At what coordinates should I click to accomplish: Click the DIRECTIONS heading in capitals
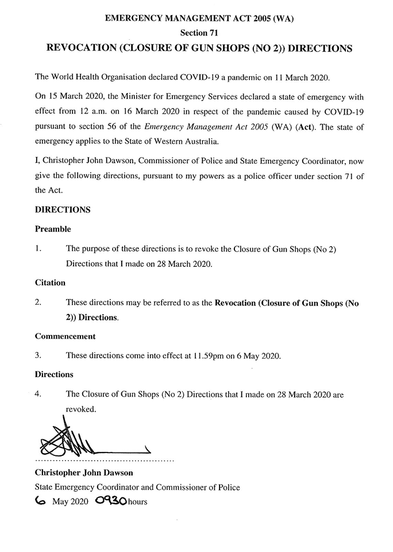pyautogui.click(x=63, y=210)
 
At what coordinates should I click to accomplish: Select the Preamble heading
pyautogui.click(x=53, y=229)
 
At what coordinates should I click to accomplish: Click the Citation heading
pyautogui.click(x=50, y=283)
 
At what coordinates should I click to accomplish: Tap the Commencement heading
pyautogui.click(x=65, y=336)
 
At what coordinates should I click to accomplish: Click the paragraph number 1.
pyautogui.click(x=38, y=248)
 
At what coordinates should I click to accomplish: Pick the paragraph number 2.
pyautogui.click(x=38, y=302)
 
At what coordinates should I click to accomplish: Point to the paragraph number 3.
pyautogui.click(x=38, y=355)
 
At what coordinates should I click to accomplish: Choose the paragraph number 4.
pyautogui.click(x=38, y=394)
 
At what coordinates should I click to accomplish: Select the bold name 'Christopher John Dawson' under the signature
pyautogui.click(x=84, y=473)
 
